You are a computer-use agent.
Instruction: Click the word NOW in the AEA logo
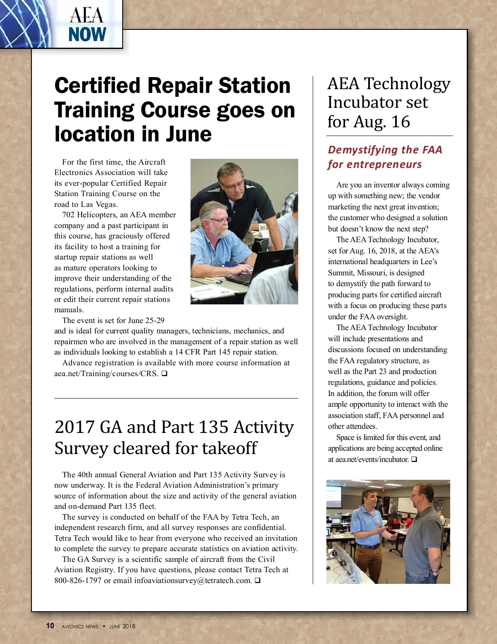(87, 34)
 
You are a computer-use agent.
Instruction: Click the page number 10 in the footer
(50, 626)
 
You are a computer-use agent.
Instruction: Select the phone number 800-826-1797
(78, 581)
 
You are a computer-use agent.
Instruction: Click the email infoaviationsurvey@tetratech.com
(193, 581)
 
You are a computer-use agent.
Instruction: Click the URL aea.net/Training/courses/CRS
(106, 374)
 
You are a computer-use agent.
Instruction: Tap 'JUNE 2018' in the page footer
(122, 626)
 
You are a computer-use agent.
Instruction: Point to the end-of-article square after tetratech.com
(258, 581)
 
